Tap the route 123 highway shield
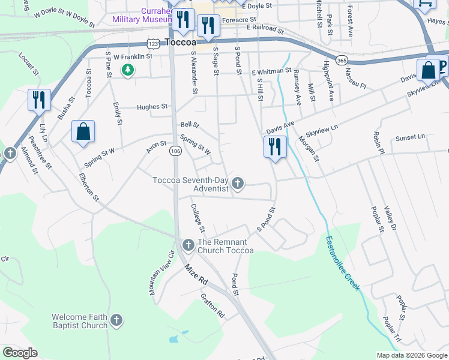tap(153, 44)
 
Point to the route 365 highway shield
tap(342, 60)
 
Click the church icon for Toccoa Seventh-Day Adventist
tap(238, 183)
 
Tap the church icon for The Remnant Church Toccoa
tap(188, 245)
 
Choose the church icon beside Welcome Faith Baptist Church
tap(116, 321)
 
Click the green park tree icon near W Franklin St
tap(127, 70)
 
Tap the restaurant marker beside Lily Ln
tap(39, 100)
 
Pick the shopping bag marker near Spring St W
tap(83, 132)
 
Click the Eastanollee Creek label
tap(343, 263)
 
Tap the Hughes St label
tap(152, 107)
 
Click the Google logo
tap(20, 353)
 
